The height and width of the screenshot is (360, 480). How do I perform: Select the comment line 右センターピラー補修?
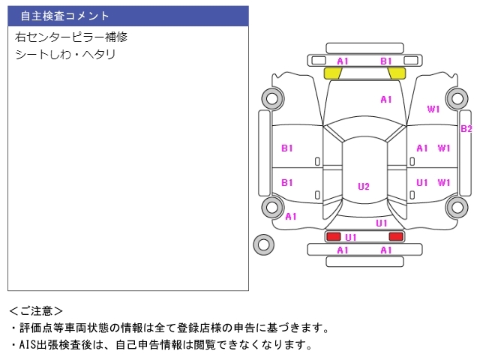71,37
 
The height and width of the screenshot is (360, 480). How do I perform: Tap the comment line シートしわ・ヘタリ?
65,55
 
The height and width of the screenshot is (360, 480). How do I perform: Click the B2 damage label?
466,128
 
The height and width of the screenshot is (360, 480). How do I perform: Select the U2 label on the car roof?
364,187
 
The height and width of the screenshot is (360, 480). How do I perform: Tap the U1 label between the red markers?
351,237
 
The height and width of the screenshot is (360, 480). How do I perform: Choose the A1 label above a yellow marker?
343,61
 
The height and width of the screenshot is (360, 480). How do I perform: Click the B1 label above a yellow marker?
386,61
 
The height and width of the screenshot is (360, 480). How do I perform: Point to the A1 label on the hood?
386,99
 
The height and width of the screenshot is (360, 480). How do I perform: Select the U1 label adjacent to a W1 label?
422,182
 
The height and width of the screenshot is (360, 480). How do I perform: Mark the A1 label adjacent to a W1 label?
422,148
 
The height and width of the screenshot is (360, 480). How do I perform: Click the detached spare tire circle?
263,243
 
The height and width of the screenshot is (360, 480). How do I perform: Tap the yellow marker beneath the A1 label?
333,73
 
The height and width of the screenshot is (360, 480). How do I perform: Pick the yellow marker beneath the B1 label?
397,73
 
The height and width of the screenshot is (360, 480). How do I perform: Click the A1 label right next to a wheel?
291,216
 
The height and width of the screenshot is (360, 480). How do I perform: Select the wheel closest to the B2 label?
456,97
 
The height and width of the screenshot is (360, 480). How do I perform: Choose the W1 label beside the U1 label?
444,182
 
